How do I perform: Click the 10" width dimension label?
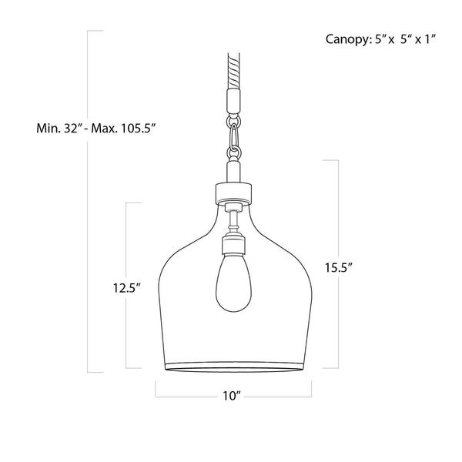[231, 396]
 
